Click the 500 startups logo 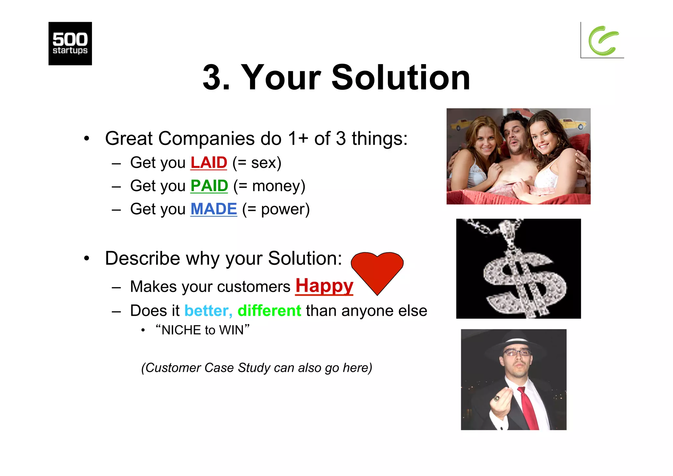(70, 43)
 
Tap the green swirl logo (603, 41)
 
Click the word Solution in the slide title (401, 78)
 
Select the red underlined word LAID (209, 163)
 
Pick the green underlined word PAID (209, 186)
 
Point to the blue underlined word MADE (214, 209)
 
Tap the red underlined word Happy (324, 286)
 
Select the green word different (269, 311)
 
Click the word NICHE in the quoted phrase (181, 330)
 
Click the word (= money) (269, 186)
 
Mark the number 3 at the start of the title (212, 78)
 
